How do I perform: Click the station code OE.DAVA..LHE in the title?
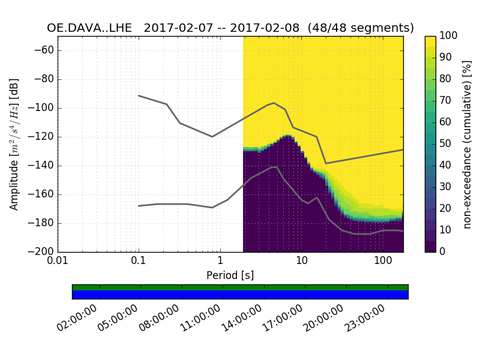[x=89, y=28]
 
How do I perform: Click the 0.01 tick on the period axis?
[x=58, y=262]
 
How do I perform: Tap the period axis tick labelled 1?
[x=220, y=262]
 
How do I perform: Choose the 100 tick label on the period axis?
[x=382, y=262]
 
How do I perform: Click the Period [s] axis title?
[x=230, y=275]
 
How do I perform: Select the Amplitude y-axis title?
[x=14, y=144]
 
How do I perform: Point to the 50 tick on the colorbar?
[x=445, y=144]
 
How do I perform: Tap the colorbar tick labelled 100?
[x=449, y=36]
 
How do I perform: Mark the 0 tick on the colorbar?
[x=443, y=252]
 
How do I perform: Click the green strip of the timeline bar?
[x=240, y=287]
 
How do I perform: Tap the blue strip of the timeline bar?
[x=240, y=295]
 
